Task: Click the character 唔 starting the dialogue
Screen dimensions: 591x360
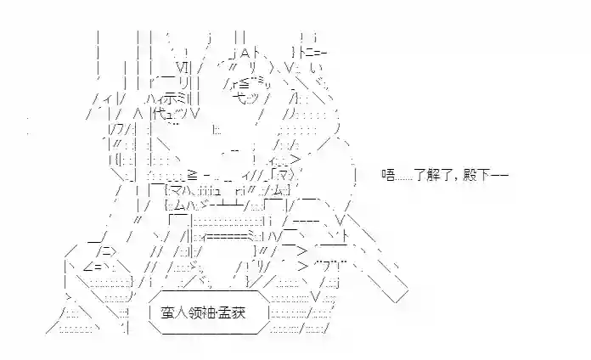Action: coord(388,175)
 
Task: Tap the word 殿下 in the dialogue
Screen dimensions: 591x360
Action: coord(476,175)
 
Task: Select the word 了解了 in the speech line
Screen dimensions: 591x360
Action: coord(433,175)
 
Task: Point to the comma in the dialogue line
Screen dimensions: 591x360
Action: coord(457,179)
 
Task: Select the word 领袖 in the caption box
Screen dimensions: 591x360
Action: coord(201,313)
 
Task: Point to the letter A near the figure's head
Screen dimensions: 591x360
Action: coord(245,53)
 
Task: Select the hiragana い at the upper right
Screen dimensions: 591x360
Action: coord(315,68)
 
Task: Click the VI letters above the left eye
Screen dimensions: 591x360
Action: coord(182,68)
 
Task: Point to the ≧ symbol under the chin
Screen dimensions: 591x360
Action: coord(192,175)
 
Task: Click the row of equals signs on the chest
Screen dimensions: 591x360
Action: coord(226,236)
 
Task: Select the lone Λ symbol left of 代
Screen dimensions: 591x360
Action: coord(138,114)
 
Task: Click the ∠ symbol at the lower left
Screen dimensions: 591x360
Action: coord(88,267)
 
